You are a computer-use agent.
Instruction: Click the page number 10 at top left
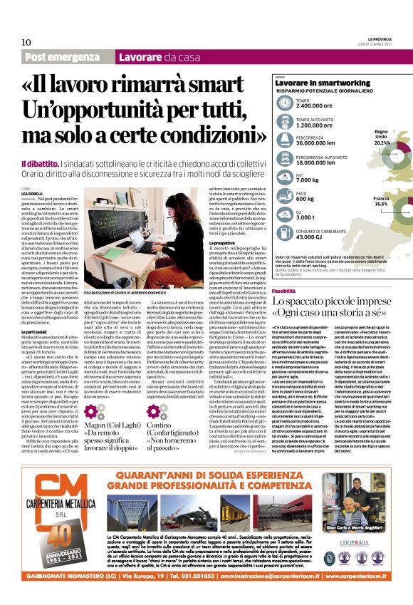tap(26, 42)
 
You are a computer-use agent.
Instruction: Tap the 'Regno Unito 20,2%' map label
tap(380, 137)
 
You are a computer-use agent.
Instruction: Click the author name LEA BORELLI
tap(32, 194)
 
